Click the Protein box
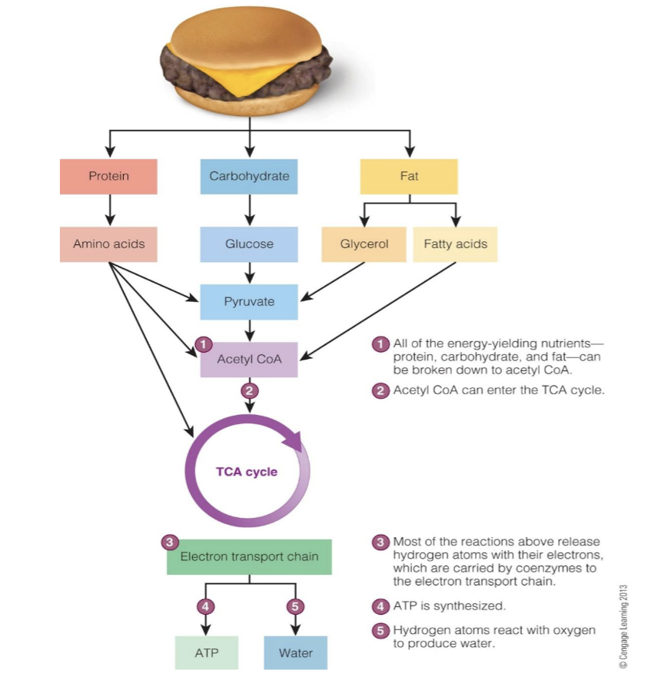[x=108, y=177]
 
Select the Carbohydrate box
[x=249, y=177]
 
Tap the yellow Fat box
[x=409, y=177]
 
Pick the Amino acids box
[x=108, y=244]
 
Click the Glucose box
[x=249, y=244]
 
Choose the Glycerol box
[x=364, y=244]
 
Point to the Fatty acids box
[x=455, y=244]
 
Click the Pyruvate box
[x=249, y=302]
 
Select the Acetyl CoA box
[x=249, y=360]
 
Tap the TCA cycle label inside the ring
[x=247, y=472]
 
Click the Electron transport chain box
[x=249, y=557]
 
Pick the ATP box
[x=206, y=653]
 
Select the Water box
[x=295, y=653]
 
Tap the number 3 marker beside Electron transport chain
[x=170, y=542]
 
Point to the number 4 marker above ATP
[x=205, y=605]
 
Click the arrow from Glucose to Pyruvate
[x=249, y=273]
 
